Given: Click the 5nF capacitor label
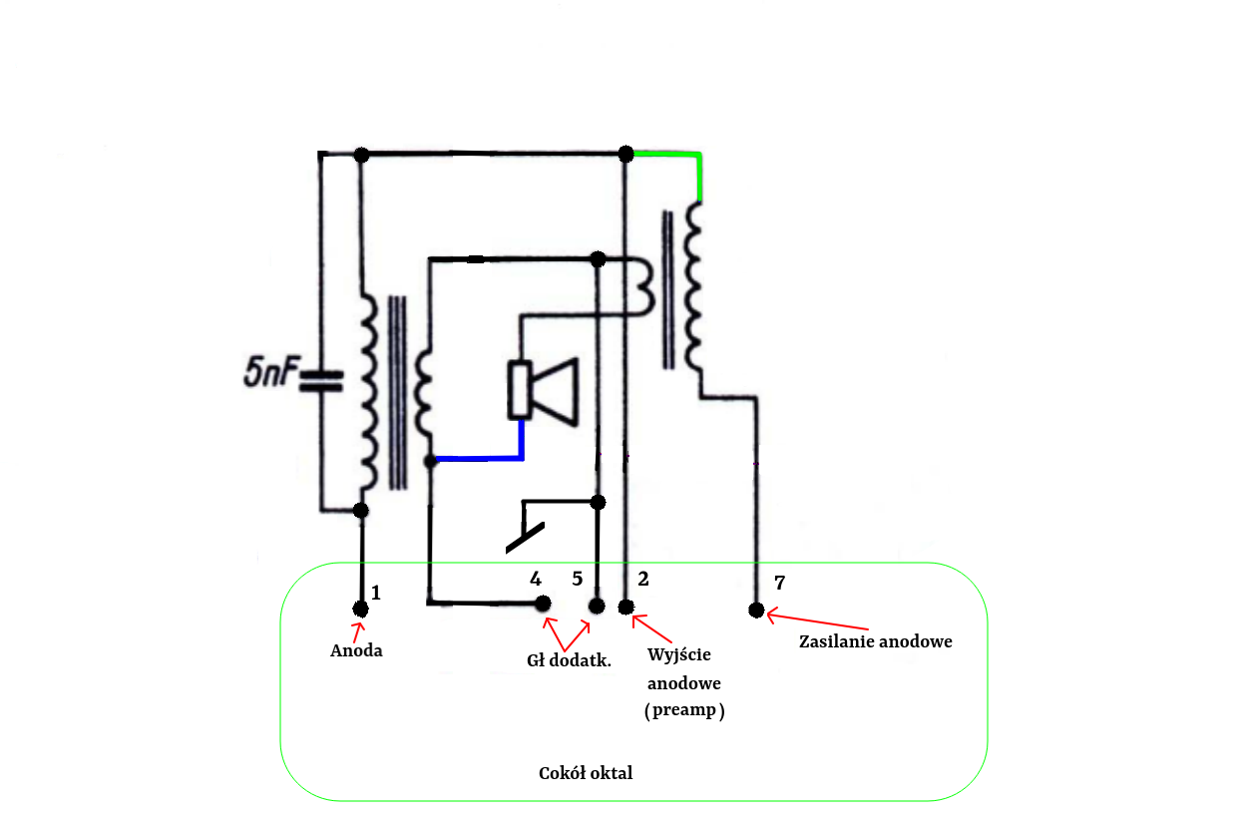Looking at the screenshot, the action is pos(271,371).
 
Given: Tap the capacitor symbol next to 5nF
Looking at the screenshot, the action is pos(321,381).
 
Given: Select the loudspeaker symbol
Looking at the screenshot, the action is pos(543,392).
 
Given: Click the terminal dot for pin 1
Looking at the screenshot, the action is pos(361,610).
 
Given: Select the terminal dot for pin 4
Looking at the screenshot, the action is pos(543,604).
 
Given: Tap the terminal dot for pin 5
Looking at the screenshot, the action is pos(597,606).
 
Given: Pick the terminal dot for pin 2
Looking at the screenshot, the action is pos(626,608).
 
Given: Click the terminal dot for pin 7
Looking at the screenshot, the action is pos(756,610).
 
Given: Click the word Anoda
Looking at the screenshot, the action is pos(356,650).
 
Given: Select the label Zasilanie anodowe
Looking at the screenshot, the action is pos(875,641).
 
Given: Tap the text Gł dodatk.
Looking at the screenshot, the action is pos(569,660).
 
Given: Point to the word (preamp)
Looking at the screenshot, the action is pos(684,710).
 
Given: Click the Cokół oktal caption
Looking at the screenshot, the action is pos(586,773).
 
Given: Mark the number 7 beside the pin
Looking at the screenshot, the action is pos(779,583).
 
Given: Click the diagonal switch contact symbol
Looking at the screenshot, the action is pos(525,538).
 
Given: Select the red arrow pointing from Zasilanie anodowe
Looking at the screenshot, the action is pos(817,620).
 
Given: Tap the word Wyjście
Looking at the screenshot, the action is pos(679,654).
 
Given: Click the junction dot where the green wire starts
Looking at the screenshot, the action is pos(626,154).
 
